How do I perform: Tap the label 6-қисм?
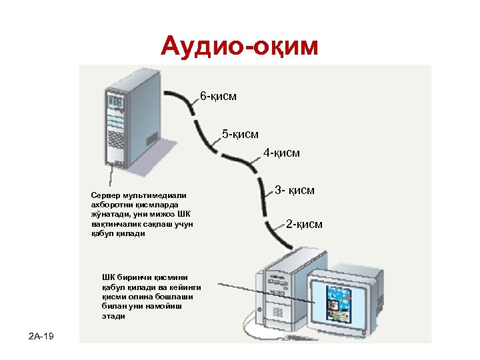pos(218,97)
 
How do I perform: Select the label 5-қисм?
pos(240,135)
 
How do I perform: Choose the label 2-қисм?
pos(304,224)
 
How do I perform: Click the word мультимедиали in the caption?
pos(154,194)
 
